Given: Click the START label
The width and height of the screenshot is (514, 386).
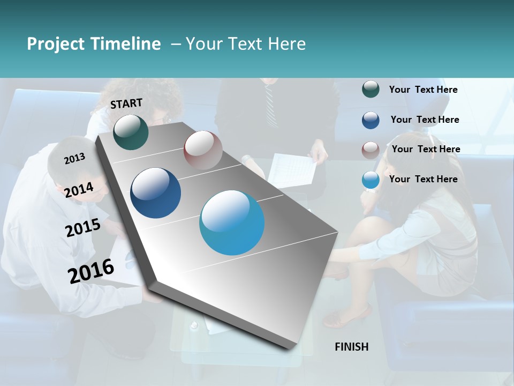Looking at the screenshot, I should point(126,103).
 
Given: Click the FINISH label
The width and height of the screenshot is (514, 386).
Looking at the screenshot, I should point(352,347).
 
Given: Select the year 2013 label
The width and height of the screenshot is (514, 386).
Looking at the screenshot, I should point(74,158).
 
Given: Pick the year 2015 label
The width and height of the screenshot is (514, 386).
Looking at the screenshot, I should point(83,228).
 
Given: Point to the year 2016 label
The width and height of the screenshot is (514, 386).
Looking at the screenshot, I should point(91,271).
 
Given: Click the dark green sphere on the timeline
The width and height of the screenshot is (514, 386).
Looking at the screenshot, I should point(131,132).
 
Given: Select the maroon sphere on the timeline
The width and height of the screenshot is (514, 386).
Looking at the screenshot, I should point(203,150).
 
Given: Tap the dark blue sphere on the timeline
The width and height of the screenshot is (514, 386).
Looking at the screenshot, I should point(156,193).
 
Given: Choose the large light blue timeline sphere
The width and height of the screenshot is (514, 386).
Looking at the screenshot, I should point(232,222).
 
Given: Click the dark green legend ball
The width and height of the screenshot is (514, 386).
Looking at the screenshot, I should point(371,90).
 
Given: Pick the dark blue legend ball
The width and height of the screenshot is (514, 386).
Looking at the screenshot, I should point(371,120).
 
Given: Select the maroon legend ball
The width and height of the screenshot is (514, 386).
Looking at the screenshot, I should point(371,150).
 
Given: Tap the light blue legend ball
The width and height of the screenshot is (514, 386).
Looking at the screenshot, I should point(371,180).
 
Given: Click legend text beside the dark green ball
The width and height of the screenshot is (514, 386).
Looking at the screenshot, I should point(423,90).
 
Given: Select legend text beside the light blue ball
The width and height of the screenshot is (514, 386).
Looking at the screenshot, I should point(423,179).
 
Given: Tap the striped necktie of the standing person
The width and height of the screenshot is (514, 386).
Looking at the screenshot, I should point(269,105).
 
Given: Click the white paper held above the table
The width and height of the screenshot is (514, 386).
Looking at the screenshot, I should point(292,169).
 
